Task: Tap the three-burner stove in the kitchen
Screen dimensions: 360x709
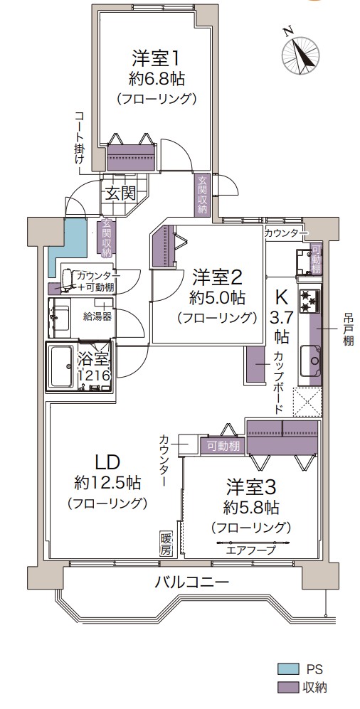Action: click(x=309, y=300)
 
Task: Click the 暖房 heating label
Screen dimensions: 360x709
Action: click(x=166, y=544)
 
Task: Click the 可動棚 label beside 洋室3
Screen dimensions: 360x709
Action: click(x=223, y=447)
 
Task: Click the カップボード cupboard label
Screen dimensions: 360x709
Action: click(x=278, y=383)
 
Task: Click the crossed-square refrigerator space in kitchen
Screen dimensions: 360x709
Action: click(x=307, y=402)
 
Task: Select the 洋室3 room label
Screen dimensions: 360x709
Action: click(x=251, y=488)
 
